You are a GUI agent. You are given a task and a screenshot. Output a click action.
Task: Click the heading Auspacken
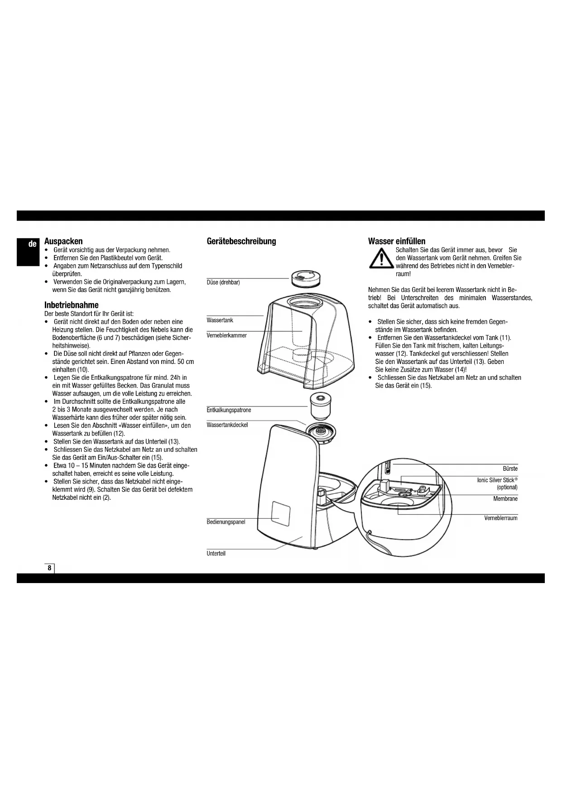tap(63, 241)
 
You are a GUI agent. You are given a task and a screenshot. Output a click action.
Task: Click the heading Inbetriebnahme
tap(71, 305)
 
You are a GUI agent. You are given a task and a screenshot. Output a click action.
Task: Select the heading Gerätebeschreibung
tap(241, 241)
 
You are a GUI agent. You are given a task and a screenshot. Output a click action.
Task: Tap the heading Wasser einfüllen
tap(397, 241)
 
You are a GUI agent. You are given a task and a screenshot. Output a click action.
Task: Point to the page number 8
tap(49, 568)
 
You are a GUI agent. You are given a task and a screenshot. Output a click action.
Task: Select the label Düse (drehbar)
tap(223, 282)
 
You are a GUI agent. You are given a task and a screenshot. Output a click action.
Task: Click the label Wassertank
tap(220, 320)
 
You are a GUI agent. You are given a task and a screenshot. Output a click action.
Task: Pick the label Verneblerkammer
tap(226, 335)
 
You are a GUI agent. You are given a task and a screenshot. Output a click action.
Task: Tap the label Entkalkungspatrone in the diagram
tap(229, 410)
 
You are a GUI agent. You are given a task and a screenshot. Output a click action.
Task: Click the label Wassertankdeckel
tap(227, 425)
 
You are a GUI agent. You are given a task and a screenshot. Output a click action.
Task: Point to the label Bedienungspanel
tap(226, 522)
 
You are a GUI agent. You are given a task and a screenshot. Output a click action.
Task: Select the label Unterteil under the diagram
tap(216, 554)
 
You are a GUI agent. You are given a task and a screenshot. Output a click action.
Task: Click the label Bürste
tap(510, 469)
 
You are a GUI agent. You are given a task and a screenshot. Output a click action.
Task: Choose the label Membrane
tap(505, 499)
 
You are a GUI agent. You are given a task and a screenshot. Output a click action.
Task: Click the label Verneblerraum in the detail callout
tap(500, 518)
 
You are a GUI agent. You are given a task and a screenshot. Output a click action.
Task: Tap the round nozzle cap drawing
tap(306, 278)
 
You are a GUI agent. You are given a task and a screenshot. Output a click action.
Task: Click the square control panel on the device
tap(281, 513)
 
